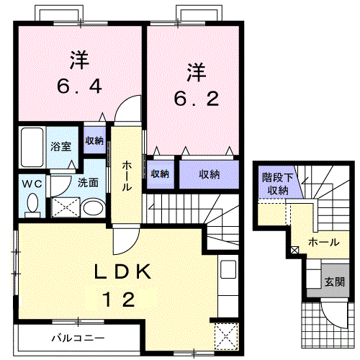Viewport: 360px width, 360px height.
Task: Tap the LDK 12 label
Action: [124, 284]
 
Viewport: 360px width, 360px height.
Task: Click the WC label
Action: [30, 183]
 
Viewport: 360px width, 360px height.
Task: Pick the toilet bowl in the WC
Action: [32, 204]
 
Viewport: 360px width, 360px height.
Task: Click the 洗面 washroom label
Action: [88, 183]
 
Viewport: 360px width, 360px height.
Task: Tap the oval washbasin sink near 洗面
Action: [92, 209]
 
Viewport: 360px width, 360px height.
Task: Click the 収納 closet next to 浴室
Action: [95, 140]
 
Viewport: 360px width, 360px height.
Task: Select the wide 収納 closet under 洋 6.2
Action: [209, 174]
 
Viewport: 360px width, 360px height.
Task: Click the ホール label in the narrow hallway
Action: [127, 176]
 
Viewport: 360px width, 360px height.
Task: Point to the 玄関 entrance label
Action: [332, 282]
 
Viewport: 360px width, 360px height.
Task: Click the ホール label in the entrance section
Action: [323, 243]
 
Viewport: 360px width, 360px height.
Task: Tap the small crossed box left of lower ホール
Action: [294, 250]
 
